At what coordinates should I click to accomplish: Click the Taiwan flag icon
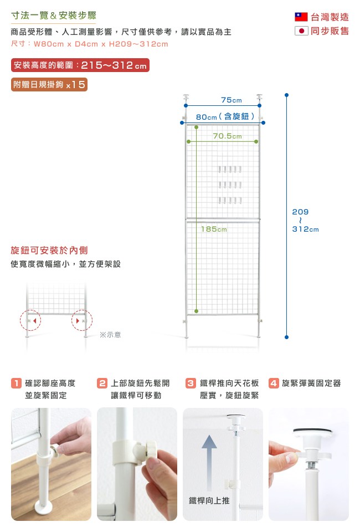(301, 17)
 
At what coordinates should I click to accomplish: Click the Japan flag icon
(301, 31)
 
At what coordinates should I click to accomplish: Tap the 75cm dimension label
(232, 100)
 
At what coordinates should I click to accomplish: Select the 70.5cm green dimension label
(228, 136)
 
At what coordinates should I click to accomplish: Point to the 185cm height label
(214, 229)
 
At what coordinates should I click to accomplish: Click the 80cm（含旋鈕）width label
(225, 117)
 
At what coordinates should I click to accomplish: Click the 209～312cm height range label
(305, 221)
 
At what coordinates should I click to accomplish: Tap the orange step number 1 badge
(16, 383)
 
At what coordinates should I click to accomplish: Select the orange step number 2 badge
(102, 383)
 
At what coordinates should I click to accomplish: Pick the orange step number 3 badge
(191, 383)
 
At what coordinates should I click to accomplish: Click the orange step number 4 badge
(274, 383)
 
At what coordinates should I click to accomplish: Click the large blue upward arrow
(209, 463)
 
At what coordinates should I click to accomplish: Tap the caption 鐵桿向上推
(209, 500)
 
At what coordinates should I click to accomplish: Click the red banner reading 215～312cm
(80, 65)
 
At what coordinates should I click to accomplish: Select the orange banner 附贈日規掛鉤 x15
(49, 84)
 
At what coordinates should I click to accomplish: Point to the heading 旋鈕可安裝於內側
(49, 250)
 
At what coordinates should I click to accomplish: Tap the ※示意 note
(110, 335)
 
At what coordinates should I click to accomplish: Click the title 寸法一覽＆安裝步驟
(54, 16)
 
